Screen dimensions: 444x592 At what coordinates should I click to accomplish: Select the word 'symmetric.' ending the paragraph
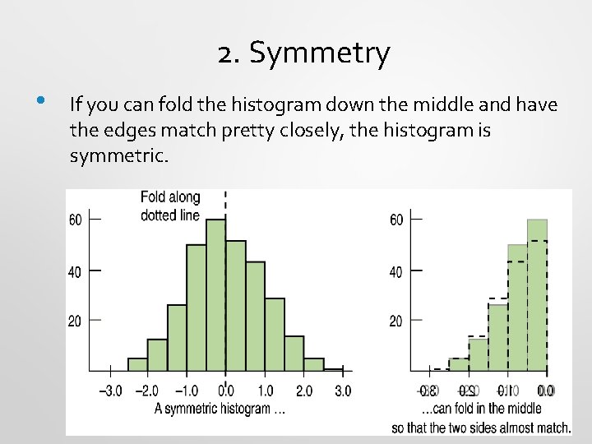119,155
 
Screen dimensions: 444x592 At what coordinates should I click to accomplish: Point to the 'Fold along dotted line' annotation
170,206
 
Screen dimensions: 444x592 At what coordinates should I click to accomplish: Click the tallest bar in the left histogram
215,296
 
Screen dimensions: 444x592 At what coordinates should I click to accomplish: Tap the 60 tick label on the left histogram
74,220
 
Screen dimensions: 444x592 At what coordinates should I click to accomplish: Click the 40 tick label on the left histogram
74,271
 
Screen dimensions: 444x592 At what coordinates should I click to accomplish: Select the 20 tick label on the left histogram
74,321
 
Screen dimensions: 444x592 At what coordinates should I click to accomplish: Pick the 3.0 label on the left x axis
342,391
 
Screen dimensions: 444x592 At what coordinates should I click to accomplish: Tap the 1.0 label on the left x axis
265,391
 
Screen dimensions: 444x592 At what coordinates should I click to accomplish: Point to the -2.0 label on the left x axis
147,391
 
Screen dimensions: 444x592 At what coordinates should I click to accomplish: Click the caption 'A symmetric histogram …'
220,409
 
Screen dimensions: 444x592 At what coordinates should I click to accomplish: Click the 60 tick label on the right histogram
395,220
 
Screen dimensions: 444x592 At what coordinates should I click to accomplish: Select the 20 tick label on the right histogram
395,321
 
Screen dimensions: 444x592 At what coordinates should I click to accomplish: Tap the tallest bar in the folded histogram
537,296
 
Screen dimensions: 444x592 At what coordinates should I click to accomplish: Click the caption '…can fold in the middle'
481,409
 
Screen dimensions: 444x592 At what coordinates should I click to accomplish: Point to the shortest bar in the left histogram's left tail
138,365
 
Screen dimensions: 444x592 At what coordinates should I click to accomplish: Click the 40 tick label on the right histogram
395,271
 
